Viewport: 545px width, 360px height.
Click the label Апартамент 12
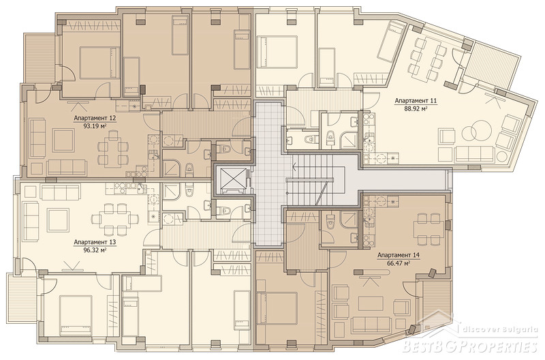[x=95, y=118]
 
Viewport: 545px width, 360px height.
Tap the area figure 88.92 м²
[x=416, y=108]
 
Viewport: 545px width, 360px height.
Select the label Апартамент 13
[x=95, y=242]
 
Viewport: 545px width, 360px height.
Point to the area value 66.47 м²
[x=399, y=263]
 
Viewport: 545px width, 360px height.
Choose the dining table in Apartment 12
[x=111, y=149]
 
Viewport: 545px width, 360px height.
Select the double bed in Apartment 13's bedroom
[x=75, y=312]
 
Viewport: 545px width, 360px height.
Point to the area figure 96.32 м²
[x=95, y=250]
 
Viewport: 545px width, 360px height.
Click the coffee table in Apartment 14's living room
[x=371, y=303]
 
